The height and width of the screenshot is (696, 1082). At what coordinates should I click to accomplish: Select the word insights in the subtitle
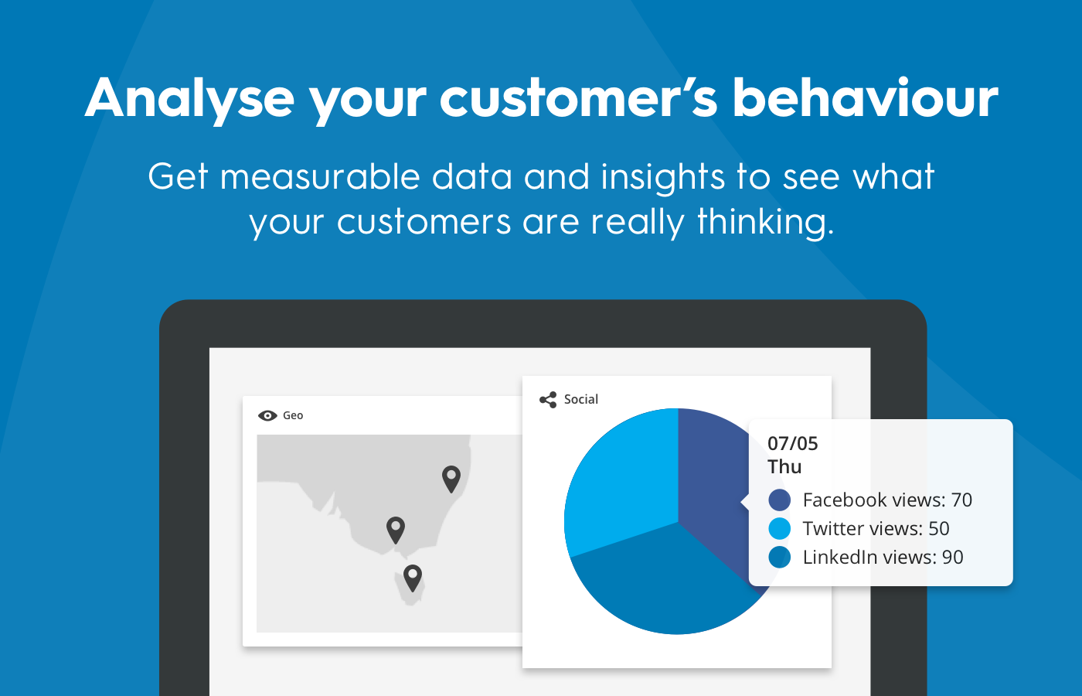click(663, 179)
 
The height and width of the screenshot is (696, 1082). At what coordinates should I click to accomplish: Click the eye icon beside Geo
click(267, 416)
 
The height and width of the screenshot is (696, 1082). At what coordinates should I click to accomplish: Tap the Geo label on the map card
click(293, 416)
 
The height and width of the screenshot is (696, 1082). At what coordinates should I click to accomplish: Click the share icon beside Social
click(548, 400)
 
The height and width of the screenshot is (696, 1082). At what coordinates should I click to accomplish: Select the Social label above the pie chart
click(581, 400)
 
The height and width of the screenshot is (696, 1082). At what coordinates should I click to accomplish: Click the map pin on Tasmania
click(413, 578)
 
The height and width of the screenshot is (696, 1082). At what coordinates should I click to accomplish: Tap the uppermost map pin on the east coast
click(451, 479)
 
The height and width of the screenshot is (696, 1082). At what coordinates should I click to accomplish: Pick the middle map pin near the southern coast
click(396, 530)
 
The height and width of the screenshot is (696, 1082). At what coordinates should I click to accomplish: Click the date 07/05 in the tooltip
click(793, 444)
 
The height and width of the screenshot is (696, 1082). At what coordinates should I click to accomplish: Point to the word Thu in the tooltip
click(784, 467)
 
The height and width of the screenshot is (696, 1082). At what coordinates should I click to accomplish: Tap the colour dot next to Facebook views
click(780, 500)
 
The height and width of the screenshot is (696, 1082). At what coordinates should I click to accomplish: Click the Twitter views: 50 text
click(876, 529)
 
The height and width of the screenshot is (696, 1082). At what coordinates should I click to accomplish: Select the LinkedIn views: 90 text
click(883, 558)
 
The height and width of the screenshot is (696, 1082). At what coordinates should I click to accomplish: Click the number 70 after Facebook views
click(961, 500)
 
